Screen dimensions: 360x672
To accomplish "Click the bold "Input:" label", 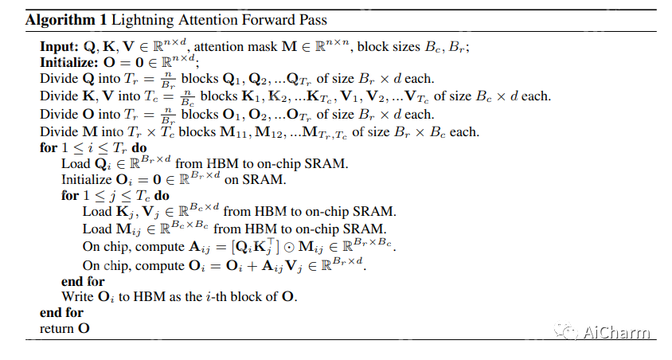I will pyautogui.click(x=60, y=47).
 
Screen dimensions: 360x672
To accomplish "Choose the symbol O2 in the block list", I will pyautogui.click(x=280, y=115).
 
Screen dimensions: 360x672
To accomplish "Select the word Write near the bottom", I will pyautogui.click(x=78, y=297).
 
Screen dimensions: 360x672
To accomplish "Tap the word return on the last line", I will pyautogui.click(x=57, y=328).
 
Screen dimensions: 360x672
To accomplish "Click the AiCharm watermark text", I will pyautogui.click(x=618, y=333).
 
